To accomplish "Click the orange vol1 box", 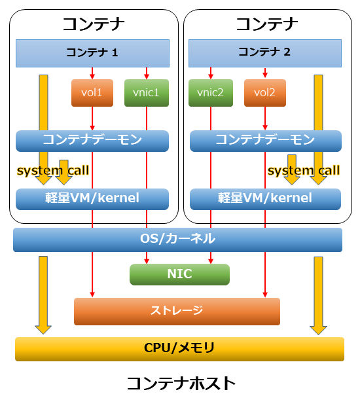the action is click(x=92, y=93).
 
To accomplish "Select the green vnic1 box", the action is click(x=147, y=93).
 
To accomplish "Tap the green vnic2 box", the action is click(x=211, y=93).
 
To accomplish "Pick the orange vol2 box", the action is click(x=265, y=93).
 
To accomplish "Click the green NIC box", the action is click(x=179, y=274).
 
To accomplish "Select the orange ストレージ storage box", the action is click(x=177, y=311).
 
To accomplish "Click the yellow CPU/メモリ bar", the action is click(x=179, y=349).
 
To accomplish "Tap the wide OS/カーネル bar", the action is click(x=177, y=240).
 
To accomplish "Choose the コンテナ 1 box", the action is click(x=92, y=53).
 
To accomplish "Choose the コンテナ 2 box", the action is click(x=265, y=53).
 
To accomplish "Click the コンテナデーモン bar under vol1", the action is click(x=92, y=141).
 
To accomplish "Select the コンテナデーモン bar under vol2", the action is click(x=266, y=141).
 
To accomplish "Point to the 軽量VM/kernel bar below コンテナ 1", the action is click(x=92, y=199).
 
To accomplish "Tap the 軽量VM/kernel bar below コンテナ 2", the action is click(x=265, y=199).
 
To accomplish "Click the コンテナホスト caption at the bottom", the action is click(x=181, y=384).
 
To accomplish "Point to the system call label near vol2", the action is click(x=304, y=170).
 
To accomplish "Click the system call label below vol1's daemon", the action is click(x=53, y=170).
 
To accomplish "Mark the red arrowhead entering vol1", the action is click(x=92, y=77).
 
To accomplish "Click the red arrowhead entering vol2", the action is click(x=265, y=75).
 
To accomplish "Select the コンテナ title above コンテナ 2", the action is click(x=267, y=24).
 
